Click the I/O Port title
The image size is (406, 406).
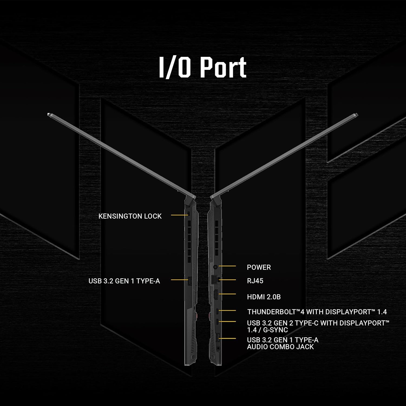click(x=202, y=67)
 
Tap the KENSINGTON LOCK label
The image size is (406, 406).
click(x=130, y=216)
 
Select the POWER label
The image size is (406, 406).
click(x=259, y=267)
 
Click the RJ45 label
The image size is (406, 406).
click(x=255, y=281)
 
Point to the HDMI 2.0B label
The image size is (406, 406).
click(x=264, y=297)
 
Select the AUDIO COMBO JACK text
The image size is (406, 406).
click(x=280, y=347)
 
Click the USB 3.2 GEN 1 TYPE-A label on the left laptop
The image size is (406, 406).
click(x=124, y=281)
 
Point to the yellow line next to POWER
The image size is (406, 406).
click(x=227, y=266)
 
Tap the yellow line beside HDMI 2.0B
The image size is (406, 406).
click(x=227, y=294)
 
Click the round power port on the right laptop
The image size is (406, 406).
click(x=215, y=267)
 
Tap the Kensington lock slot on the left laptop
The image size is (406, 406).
click(x=189, y=214)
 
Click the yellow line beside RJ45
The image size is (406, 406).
click(x=227, y=280)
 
